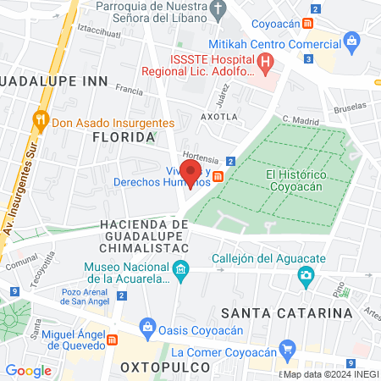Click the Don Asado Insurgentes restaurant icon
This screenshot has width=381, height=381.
pos(39,122)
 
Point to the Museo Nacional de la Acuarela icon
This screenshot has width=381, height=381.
pos(180,270)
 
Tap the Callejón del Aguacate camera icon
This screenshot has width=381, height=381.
pos(306,275)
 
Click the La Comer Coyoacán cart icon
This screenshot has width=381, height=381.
pos(287,347)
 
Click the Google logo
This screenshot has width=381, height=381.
pos(28,370)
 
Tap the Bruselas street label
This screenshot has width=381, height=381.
pos(351,109)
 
